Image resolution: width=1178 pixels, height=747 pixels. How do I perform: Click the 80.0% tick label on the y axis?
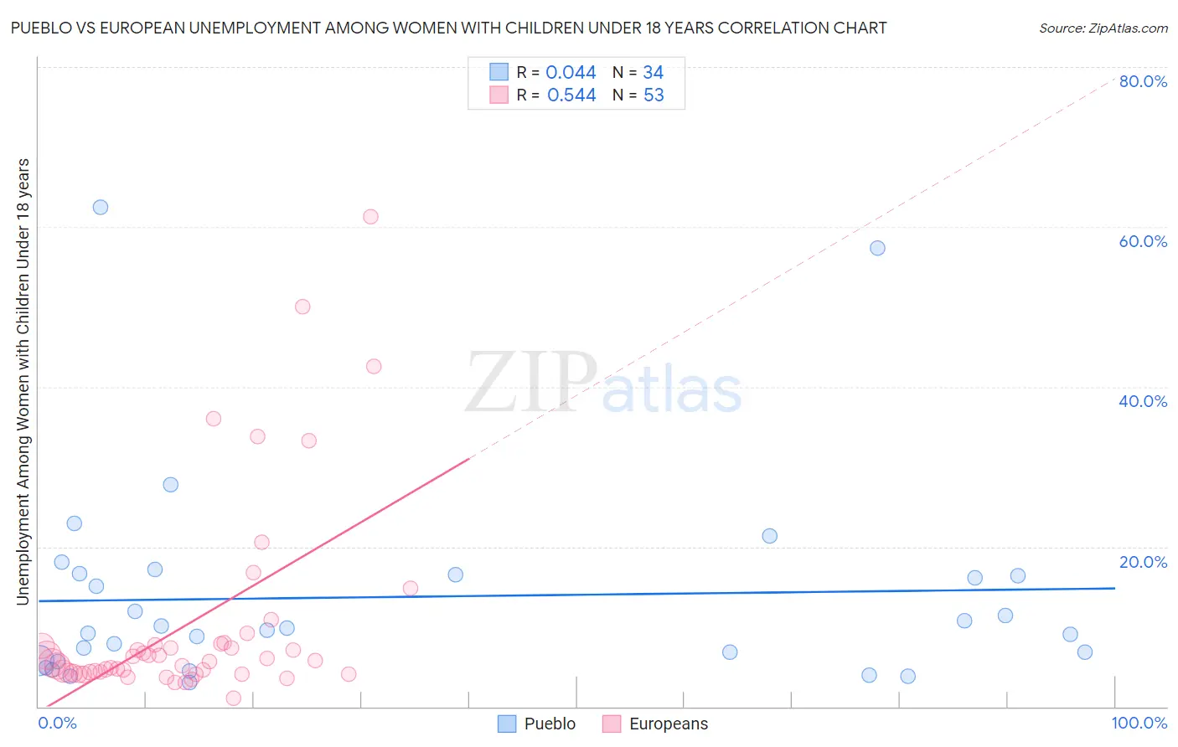pos(1143,81)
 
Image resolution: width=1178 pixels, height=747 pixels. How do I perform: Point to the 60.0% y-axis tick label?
pos(1143,241)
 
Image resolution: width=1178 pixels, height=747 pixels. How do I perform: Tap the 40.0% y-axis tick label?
pos(1143,401)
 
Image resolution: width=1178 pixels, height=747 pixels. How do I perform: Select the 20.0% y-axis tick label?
pos(1143,562)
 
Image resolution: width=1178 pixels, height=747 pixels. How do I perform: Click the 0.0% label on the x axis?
pos(57,723)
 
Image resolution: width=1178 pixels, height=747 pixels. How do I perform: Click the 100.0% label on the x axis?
pos(1139,723)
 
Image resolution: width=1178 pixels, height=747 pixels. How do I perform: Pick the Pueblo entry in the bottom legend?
pos(536,724)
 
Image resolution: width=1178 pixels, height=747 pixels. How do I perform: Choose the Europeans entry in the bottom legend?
pos(655,724)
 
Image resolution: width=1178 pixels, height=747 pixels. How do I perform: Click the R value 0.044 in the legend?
pos(571,73)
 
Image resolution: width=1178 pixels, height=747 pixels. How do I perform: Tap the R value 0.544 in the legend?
pos(571,95)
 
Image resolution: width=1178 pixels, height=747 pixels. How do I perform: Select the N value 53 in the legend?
pos(654,95)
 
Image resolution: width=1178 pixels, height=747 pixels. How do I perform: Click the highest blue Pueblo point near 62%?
pos(101,207)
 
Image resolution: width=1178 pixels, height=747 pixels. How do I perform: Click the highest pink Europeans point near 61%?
pos(370,216)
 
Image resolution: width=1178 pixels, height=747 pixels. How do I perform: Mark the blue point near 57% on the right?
pos(877,248)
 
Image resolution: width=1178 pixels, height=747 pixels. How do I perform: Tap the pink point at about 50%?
pos(302,307)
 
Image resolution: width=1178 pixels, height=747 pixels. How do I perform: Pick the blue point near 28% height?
pos(171,485)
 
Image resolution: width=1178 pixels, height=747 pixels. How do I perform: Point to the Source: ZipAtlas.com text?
pos(1103,28)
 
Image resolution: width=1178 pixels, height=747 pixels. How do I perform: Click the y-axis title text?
pos(23,381)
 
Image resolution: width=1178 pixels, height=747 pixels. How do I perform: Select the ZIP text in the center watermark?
pos(530,383)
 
